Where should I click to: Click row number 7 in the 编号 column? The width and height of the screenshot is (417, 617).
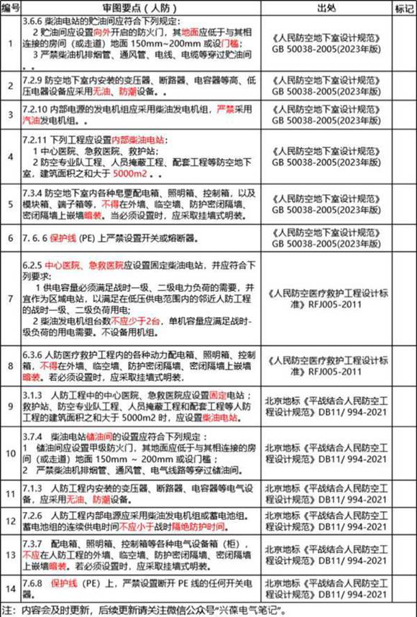(x=10, y=298)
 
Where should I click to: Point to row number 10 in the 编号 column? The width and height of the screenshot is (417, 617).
(x=10, y=453)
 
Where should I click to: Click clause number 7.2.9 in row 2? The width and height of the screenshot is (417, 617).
(x=35, y=81)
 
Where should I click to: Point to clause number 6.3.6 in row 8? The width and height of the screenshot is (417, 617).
(x=35, y=355)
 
